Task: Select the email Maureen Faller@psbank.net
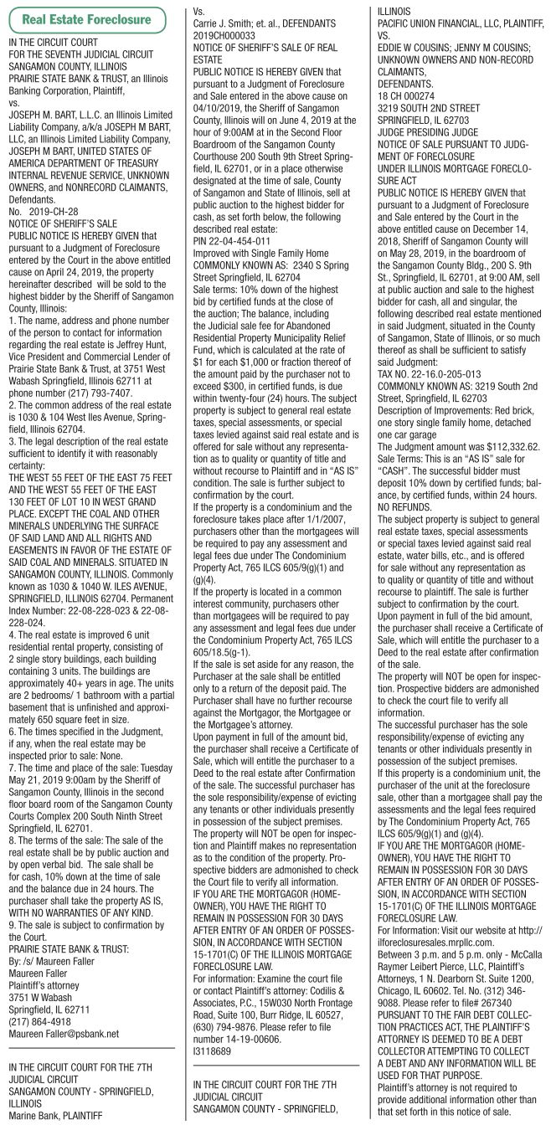tap(64, 1033)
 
